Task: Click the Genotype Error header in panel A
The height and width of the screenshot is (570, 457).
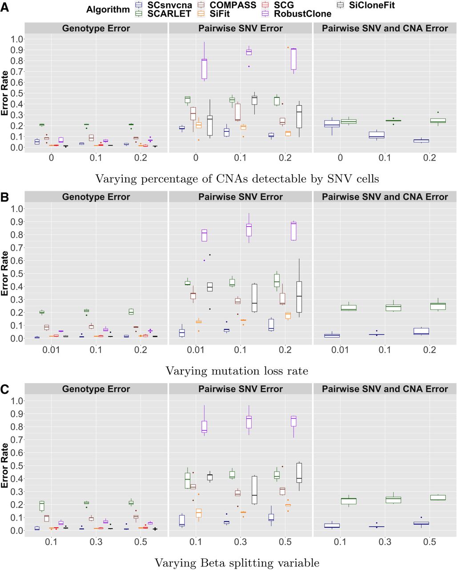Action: pos(96,28)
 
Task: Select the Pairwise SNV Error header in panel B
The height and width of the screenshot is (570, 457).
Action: pos(241,197)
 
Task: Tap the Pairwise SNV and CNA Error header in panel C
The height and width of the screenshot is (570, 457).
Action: pos(385,389)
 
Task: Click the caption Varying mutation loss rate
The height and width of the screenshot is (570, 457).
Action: pos(237,370)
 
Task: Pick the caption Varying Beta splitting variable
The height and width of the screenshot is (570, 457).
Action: pos(237,563)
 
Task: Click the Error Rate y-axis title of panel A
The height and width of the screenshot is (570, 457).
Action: pos(5,93)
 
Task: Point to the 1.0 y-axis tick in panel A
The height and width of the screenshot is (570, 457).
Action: pos(16,39)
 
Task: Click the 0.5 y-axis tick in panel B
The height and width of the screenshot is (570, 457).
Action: pos(16,273)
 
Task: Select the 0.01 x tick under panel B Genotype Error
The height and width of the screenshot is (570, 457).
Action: pos(52,350)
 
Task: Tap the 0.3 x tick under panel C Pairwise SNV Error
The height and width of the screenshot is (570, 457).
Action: pos(241,542)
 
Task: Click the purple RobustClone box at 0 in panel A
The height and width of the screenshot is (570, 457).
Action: pos(204,69)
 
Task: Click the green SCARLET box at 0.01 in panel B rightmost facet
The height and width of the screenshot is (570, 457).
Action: pos(349,307)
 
